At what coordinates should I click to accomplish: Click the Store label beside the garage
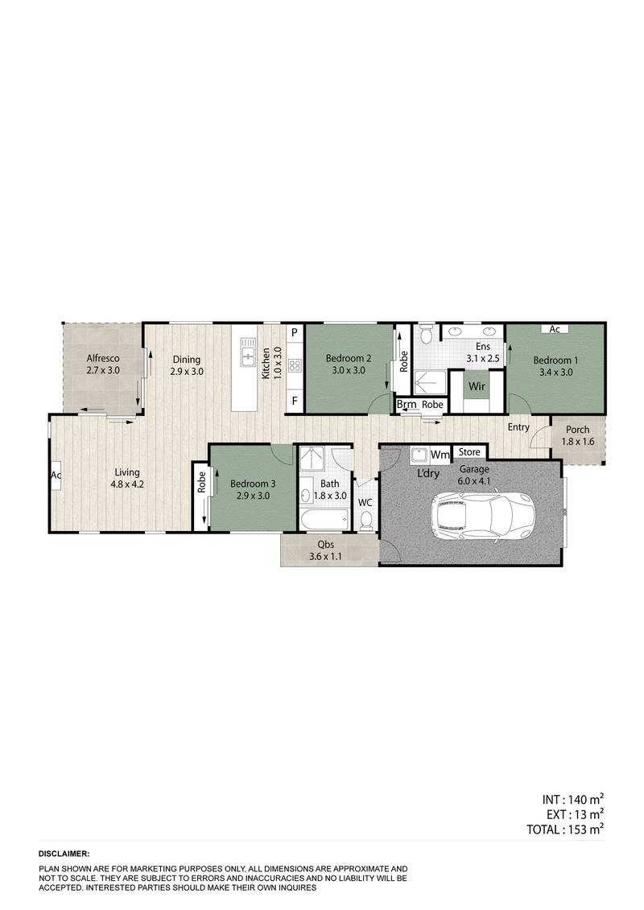click(x=469, y=452)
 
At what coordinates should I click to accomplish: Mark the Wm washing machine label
click(x=440, y=455)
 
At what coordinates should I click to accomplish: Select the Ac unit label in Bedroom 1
click(x=555, y=329)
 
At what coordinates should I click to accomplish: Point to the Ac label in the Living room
click(x=56, y=475)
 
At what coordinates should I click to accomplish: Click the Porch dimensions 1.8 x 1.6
click(x=577, y=442)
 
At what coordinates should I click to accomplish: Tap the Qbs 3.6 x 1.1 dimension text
click(x=328, y=555)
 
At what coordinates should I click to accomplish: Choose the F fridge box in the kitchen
click(x=295, y=401)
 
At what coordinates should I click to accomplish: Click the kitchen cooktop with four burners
click(x=295, y=366)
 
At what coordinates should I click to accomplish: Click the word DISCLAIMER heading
click(x=64, y=853)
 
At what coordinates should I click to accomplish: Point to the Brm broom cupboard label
click(x=406, y=404)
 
